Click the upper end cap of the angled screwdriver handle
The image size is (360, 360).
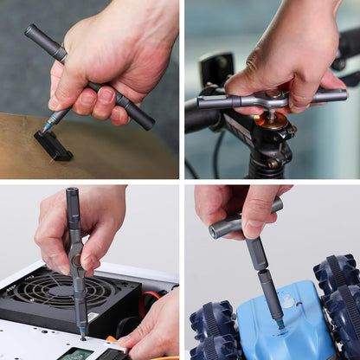click(x=31, y=32)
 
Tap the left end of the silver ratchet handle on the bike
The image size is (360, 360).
click(x=204, y=102)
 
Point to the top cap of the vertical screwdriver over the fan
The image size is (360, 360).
click(x=72, y=191)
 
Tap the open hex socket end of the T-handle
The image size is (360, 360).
click(x=215, y=231)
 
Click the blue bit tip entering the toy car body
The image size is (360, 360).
click(x=279, y=324)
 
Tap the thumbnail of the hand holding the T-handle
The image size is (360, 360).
click(x=260, y=207)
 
